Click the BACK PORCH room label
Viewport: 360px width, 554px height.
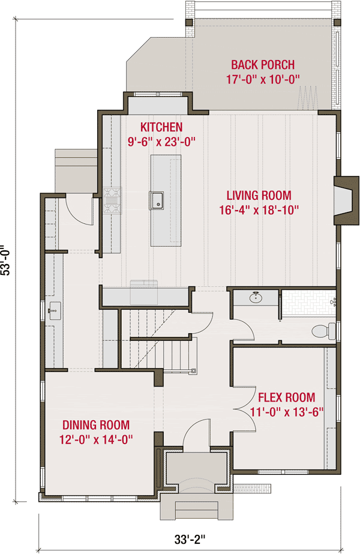pos(262,65)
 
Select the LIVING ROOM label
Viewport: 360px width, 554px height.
pos(259,195)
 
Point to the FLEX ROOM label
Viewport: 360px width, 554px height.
pos(286,397)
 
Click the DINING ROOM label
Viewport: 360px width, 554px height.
pos(96,425)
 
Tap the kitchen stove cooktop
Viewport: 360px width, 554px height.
pos(112,201)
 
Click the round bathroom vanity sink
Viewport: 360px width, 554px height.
pos(256,297)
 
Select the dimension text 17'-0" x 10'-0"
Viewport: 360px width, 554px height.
pos(262,79)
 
